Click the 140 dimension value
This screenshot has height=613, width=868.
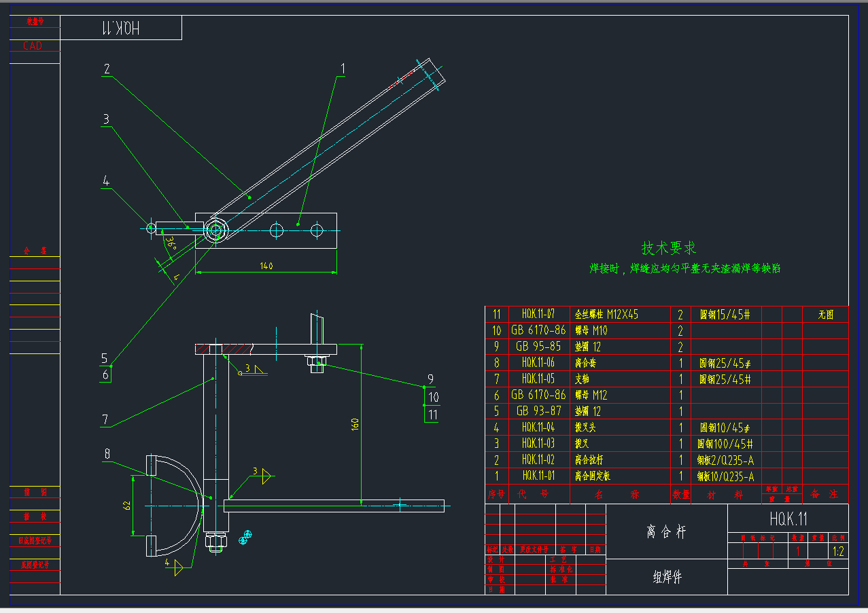266,266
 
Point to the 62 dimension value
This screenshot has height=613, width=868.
126,504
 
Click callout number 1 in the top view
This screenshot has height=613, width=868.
343,69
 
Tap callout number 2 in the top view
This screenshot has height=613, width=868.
107,69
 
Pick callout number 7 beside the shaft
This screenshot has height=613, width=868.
105,419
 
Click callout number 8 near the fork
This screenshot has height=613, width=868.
107,454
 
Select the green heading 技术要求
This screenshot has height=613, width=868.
669,248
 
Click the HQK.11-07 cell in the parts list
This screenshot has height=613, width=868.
538,314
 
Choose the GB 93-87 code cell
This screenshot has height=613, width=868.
538,411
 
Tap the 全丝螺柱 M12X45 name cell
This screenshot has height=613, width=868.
607,314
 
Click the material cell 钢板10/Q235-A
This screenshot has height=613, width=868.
725,476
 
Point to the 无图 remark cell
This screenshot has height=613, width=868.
825,314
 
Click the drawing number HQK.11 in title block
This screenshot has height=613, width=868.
788,519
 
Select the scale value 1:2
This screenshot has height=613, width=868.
837,552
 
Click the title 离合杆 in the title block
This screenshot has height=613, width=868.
666,531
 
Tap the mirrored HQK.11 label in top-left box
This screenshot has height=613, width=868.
120,28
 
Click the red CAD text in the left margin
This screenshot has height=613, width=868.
33,46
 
